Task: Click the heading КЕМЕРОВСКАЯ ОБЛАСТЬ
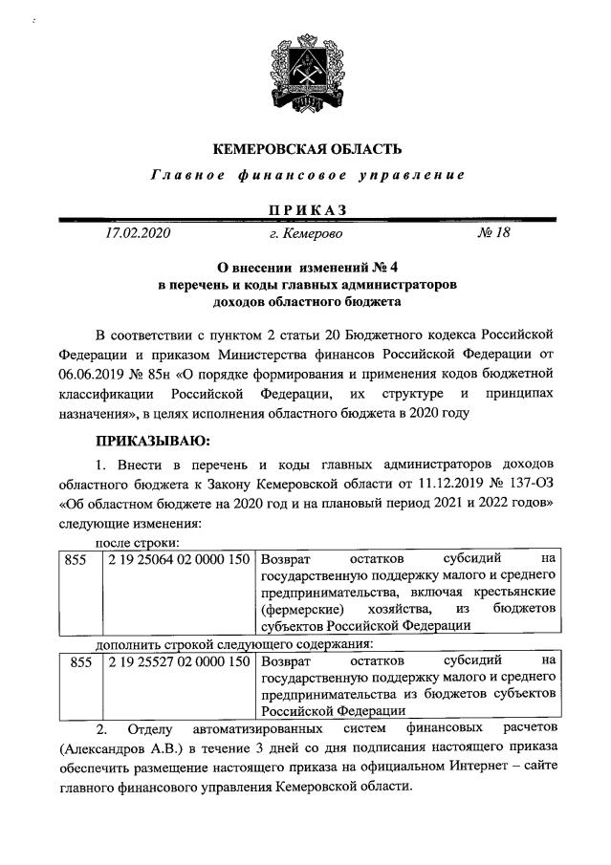pos(306,148)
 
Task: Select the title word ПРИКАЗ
pos(306,209)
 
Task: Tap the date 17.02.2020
pos(137,232)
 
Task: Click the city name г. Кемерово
pos(306,232)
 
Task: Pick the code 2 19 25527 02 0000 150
pos(179,660)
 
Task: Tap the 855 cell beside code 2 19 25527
pos(75,660)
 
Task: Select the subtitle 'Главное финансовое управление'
pos(306,176)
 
